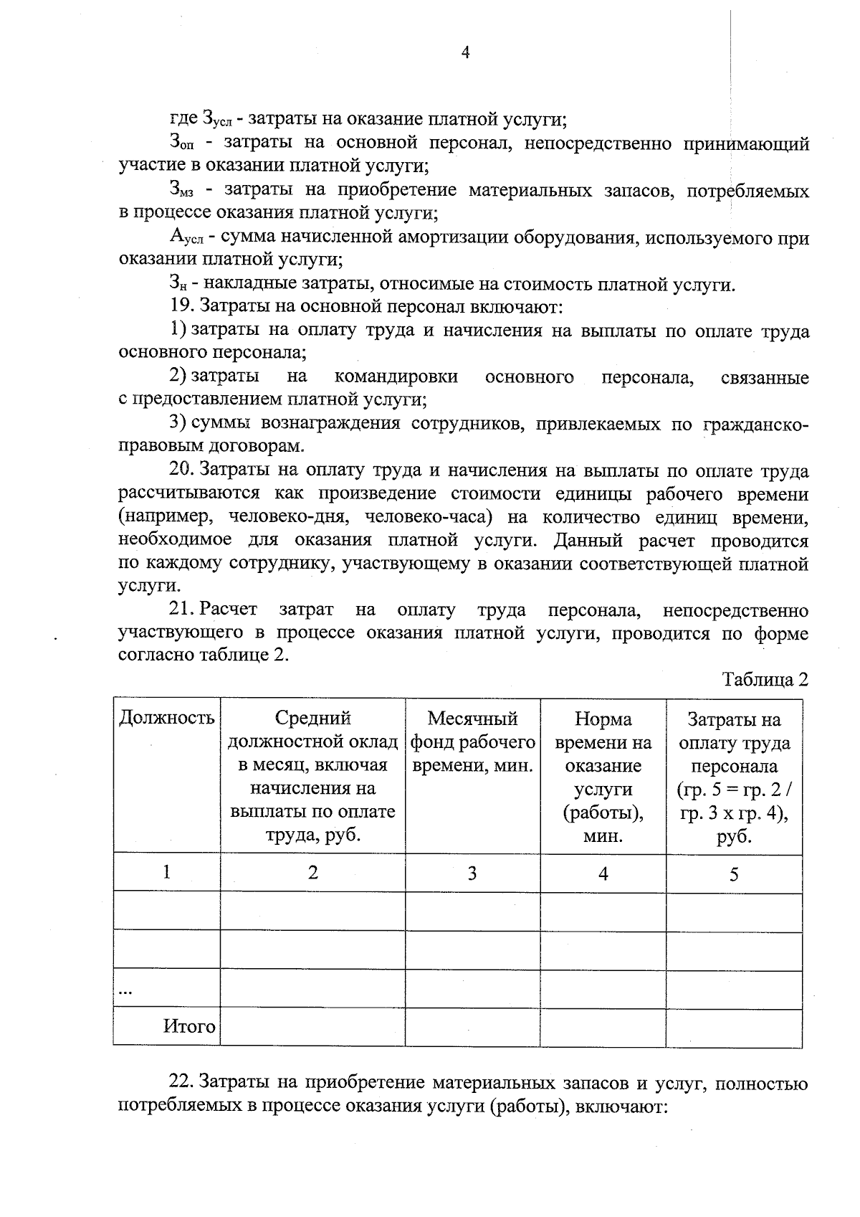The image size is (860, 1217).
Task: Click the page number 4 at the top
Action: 465,53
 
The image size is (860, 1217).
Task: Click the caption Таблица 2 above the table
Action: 765,680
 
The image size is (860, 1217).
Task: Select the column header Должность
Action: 166,718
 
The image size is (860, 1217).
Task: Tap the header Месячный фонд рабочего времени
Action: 472,742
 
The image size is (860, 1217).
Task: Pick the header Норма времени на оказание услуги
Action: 603,777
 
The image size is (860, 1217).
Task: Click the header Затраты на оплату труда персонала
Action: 734,777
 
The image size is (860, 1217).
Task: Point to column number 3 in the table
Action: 472,873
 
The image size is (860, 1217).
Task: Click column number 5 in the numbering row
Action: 734,874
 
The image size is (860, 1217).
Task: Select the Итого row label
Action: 189,1027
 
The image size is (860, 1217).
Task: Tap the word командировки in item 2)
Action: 396,377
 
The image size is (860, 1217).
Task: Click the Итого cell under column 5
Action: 734,1027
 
